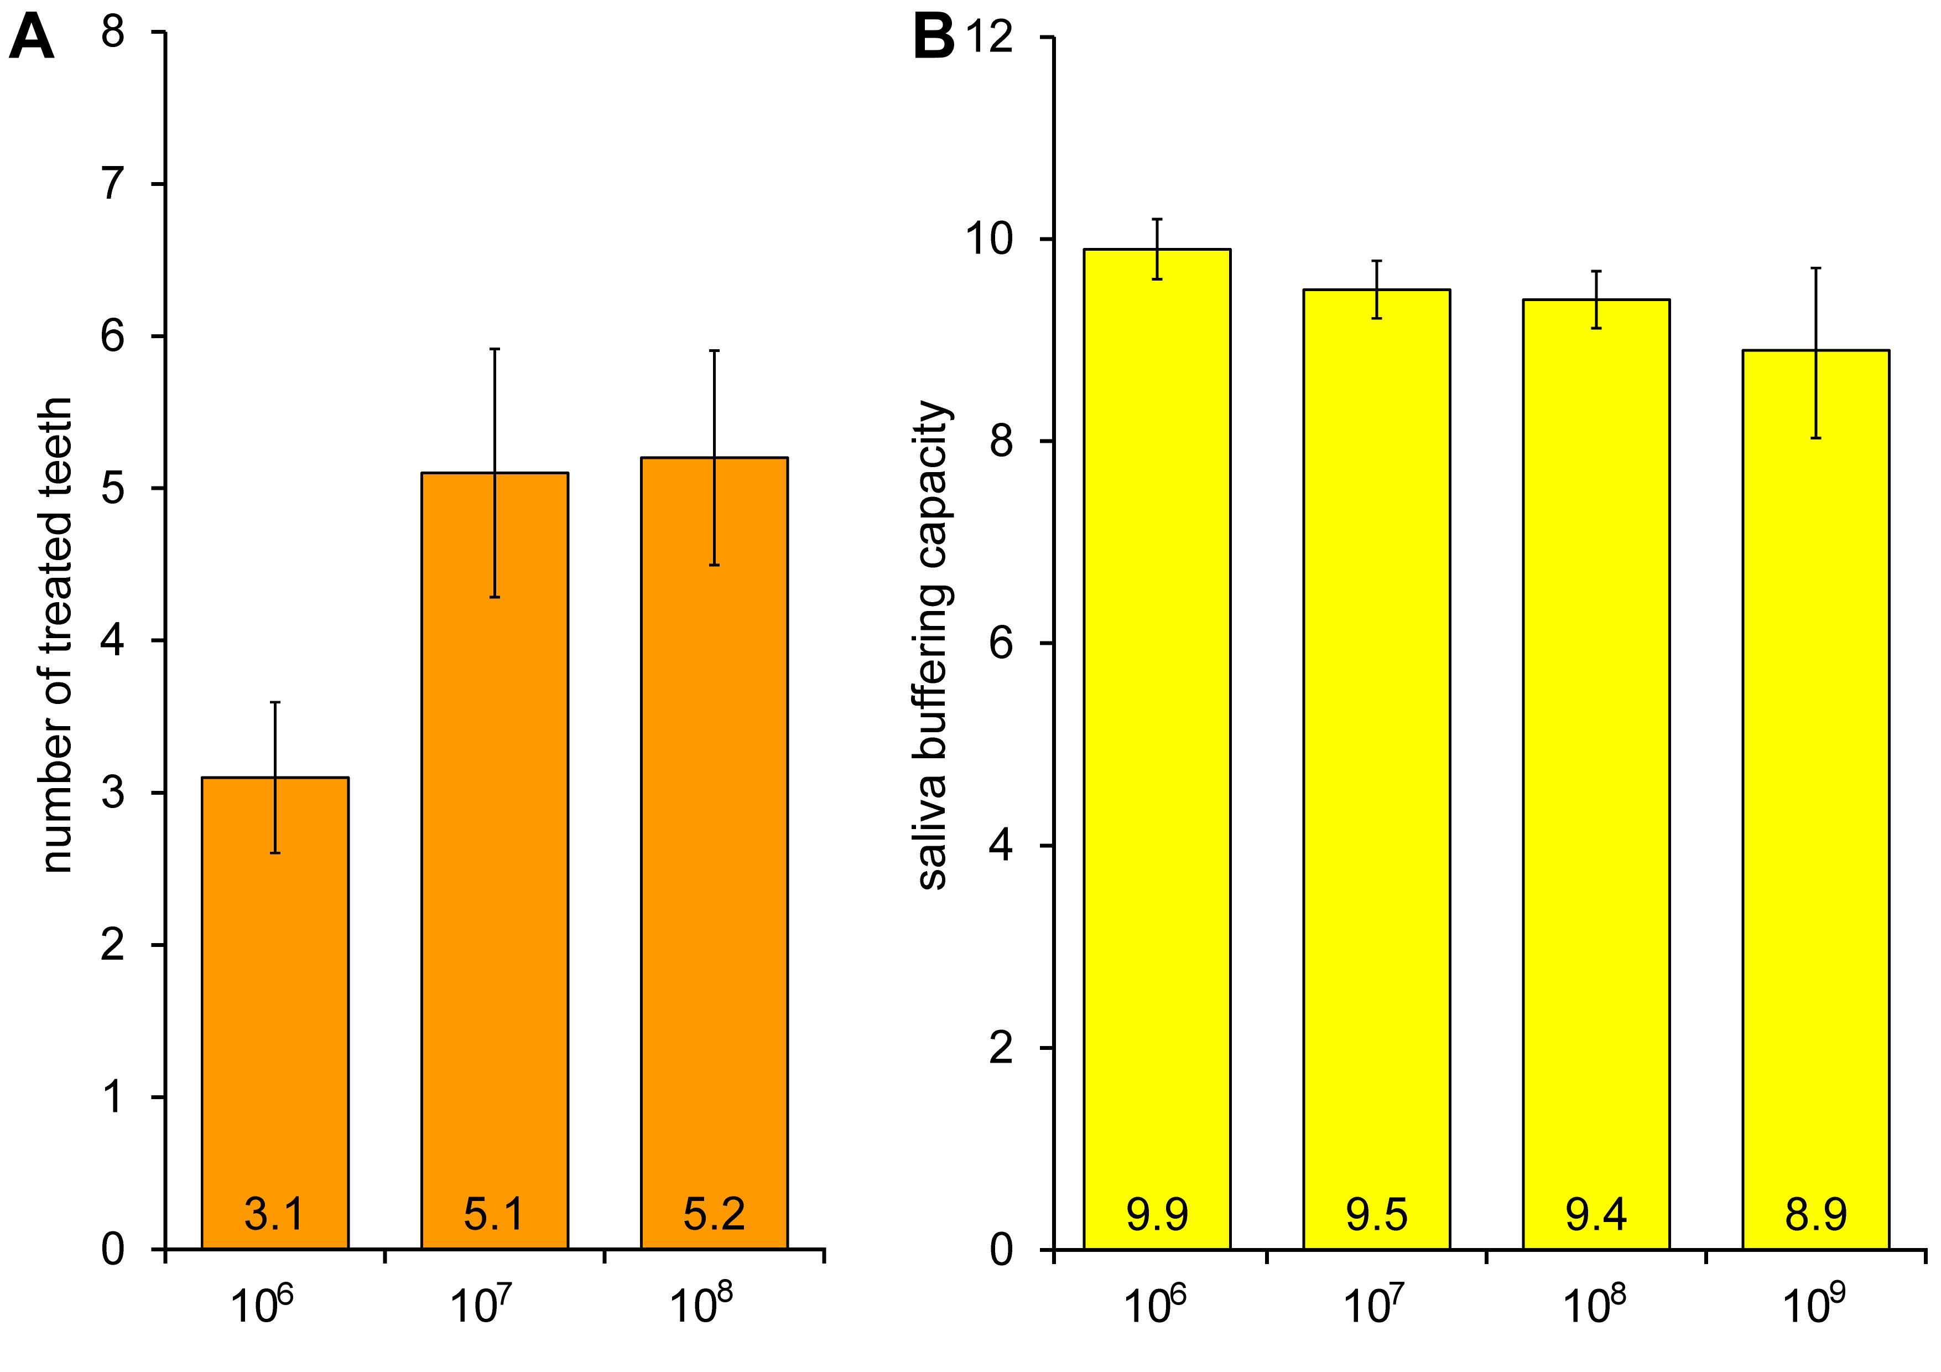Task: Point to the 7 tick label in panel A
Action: tap(112, 184)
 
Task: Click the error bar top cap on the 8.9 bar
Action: tap(1816, 268)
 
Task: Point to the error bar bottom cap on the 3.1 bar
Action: tap(275, 853)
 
